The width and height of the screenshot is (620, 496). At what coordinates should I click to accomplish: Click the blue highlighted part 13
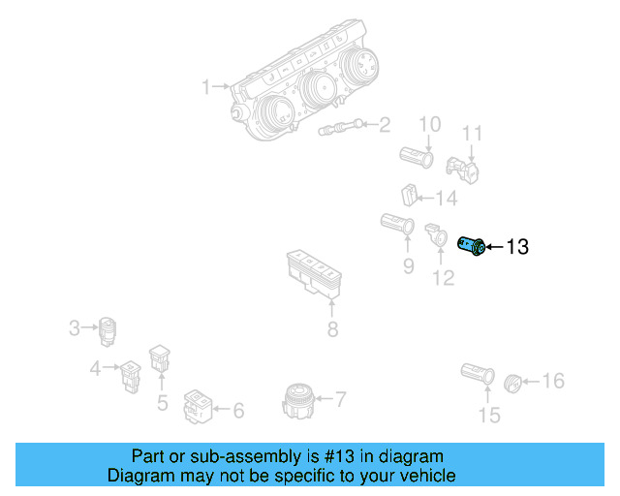472,247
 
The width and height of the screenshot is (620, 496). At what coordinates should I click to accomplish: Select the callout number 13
517,248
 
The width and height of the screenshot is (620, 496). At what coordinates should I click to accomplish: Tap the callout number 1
206,88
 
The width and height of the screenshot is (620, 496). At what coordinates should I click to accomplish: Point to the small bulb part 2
339,127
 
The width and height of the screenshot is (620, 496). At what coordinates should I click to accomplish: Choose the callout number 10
428,124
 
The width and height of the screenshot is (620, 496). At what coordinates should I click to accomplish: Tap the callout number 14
446,199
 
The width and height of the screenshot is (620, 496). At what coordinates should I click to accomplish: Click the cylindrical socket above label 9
398,224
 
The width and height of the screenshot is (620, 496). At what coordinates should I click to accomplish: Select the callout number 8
332,329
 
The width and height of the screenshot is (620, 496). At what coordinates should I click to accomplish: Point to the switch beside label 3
108,329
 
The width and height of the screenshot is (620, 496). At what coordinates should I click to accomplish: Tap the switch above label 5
159,359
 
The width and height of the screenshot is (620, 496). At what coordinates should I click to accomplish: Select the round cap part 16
514,381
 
